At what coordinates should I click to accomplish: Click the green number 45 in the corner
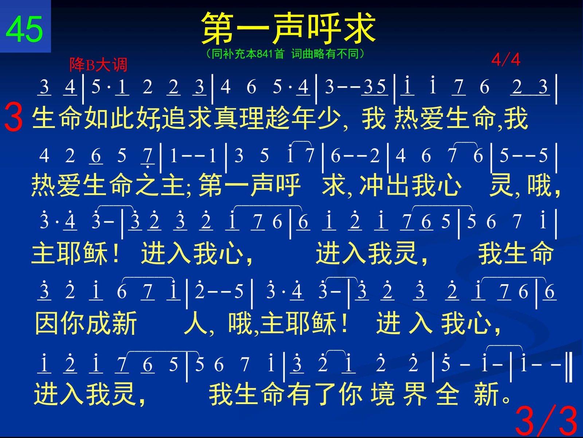coord(24,29)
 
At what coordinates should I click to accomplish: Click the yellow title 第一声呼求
coord(288,28)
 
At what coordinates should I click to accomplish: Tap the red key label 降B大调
coord(98,64)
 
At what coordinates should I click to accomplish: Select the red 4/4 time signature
coord(505,59)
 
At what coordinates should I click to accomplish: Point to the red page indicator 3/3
coord(546,421)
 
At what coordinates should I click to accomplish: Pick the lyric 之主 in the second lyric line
coord(161,185)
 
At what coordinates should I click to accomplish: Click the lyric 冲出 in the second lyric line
coord(384,185)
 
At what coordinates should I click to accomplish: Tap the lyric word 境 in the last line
coord(383,394)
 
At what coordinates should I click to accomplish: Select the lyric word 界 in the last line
coord(415,394)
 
